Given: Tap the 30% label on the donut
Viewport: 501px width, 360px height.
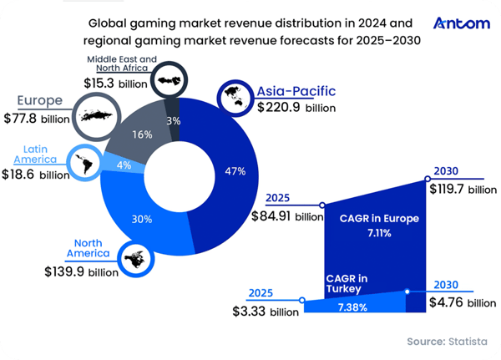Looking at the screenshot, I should (141, 220).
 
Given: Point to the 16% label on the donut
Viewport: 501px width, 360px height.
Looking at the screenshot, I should (143, 134).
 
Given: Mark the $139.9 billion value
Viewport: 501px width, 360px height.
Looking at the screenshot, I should (82, 271).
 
